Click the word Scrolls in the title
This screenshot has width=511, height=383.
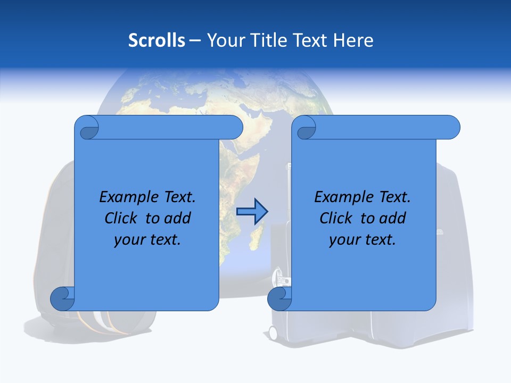(156, 40)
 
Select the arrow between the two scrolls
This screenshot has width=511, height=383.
(251, 212)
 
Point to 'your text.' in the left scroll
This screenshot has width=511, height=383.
(147, 239)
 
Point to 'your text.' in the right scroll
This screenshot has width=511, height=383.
(362, 239)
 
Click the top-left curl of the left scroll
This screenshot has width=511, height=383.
(87, 128)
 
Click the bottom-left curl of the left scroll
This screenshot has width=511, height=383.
(62, 298)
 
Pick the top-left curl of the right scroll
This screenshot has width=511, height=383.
(305, 128)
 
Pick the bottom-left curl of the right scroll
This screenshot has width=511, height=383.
(279, 298)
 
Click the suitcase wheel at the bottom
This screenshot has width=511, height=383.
(273, 334)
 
